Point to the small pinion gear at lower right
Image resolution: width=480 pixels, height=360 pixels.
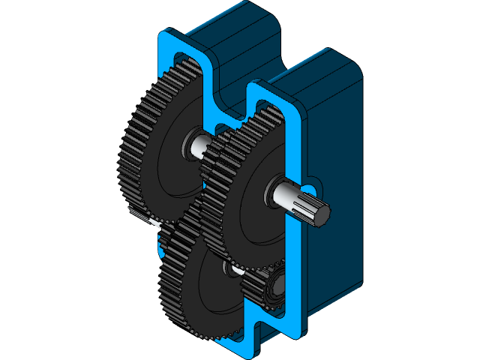(271, 289)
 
